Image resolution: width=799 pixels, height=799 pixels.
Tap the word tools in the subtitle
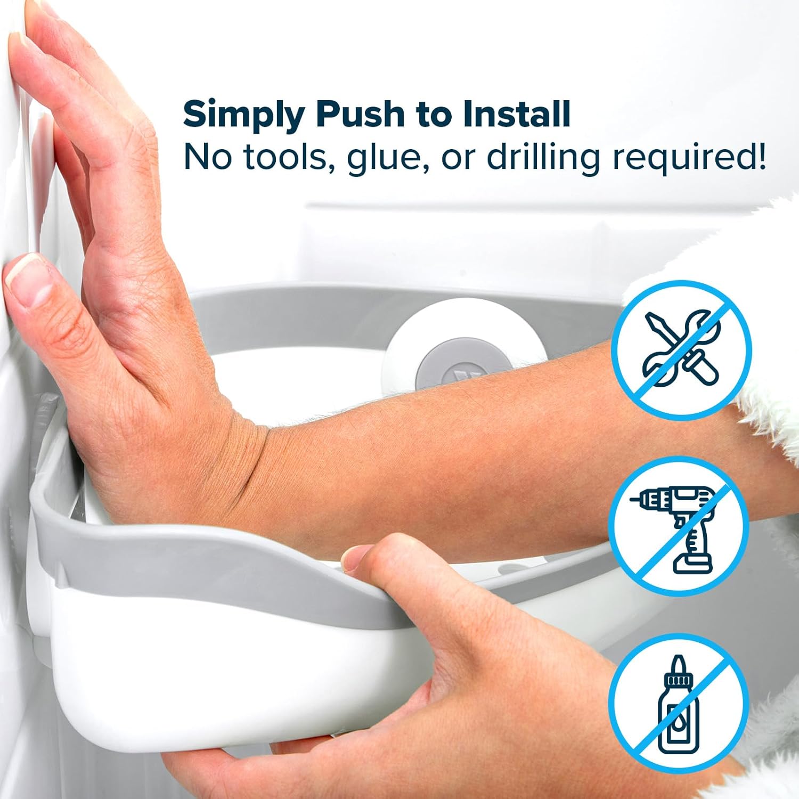[286, 157]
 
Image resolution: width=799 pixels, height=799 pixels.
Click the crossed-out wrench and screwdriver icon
[681, 350]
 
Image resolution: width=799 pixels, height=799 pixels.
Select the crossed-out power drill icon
[679, 526]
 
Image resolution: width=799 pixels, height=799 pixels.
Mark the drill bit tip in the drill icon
[632, 501]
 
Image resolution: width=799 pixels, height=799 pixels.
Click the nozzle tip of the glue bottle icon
[678, 658]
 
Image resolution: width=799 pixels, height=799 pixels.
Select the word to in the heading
[433, 115]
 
